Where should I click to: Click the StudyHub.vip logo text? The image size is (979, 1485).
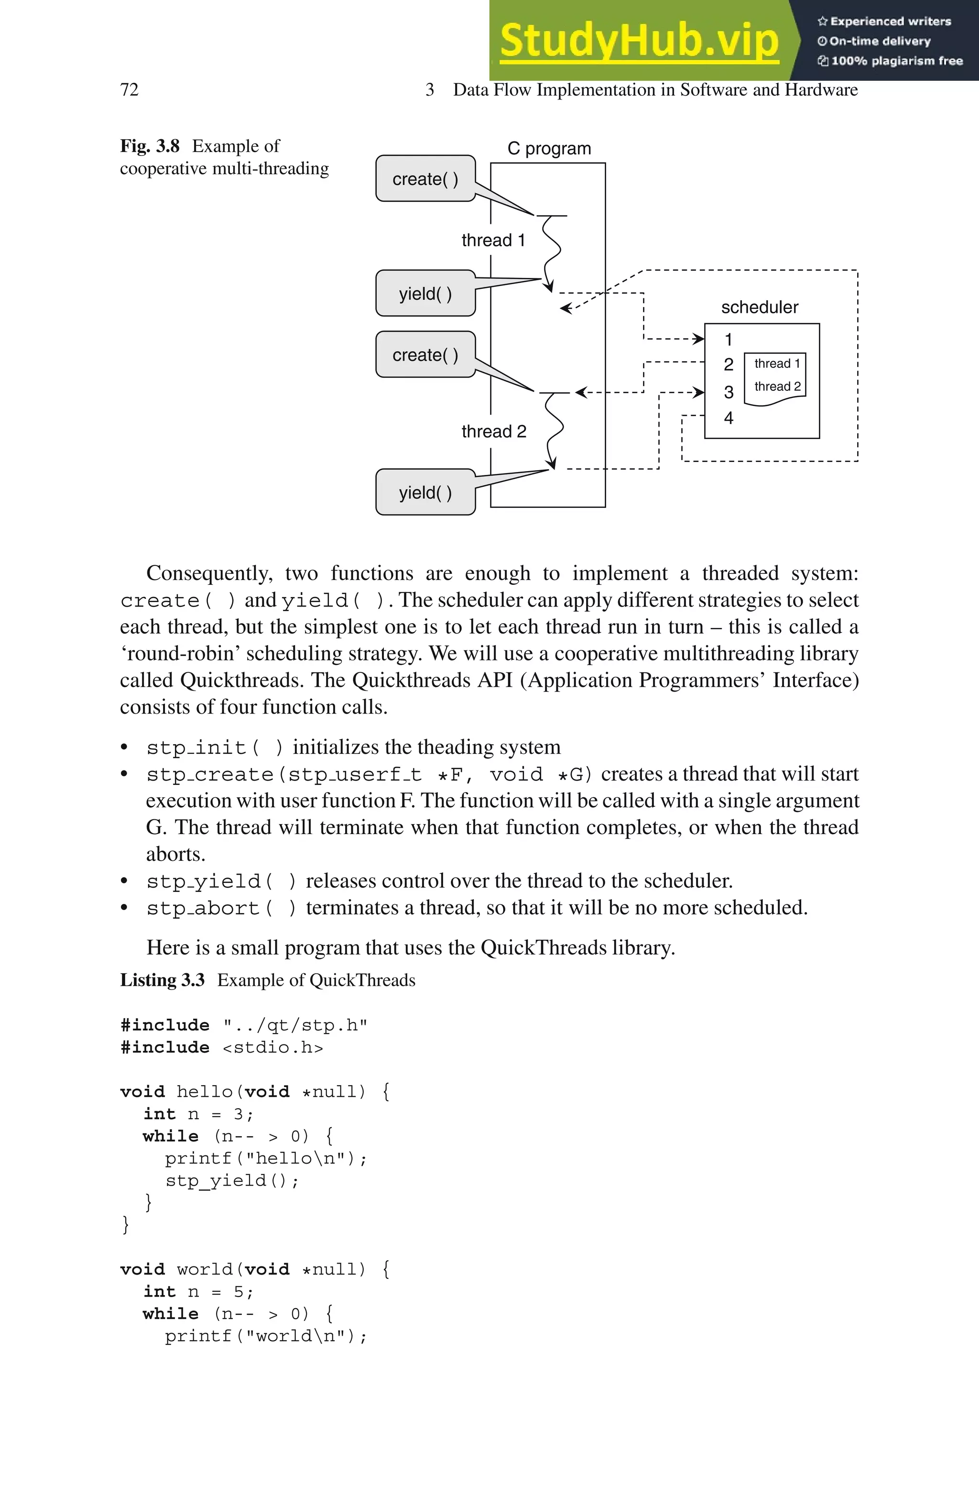tap(639, 41)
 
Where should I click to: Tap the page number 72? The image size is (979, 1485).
tap(129, 90)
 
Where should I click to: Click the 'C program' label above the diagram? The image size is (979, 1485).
tap(549, 149)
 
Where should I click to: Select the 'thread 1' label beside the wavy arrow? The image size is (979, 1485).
tap(493, 241)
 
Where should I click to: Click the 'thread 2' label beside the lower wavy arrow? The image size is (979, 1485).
tap(494, 431)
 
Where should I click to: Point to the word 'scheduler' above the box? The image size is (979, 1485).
tap(759, 307)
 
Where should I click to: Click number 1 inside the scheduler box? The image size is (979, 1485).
tap(728, 340)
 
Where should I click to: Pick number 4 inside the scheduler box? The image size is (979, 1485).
tap(729, 418)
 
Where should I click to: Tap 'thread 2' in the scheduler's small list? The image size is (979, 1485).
tap(777, 386)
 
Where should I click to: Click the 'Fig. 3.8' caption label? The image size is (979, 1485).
tap(150, 146)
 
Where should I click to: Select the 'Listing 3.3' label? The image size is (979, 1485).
tap(163, 980)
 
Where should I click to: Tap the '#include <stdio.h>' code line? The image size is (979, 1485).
tap(222, 1047)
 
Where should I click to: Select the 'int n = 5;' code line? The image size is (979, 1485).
tap(198, 1291)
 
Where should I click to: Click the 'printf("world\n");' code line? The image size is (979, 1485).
tap(265, 1336)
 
